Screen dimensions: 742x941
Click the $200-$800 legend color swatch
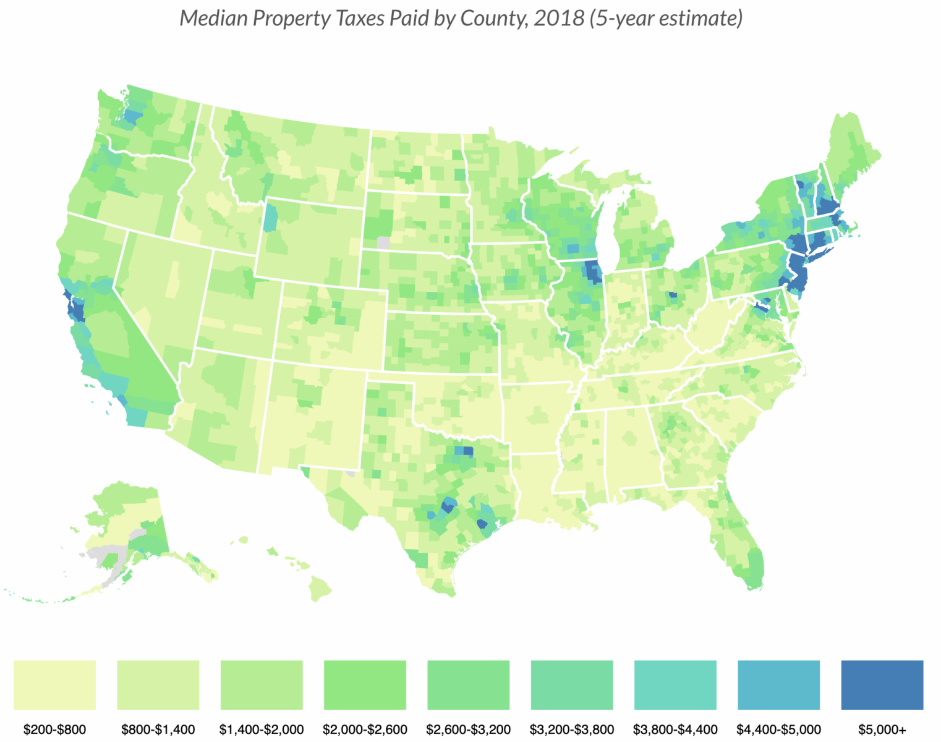click(54, 684)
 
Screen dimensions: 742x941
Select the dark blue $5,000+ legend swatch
click(882, 684)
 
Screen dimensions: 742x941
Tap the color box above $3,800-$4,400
click(675, 684)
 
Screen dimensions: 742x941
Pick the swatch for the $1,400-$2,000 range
click(262, 684)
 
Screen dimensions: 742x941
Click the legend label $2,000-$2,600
click(365, 730)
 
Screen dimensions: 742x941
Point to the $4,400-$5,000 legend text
click(778, 730)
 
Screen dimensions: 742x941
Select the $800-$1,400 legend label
click(158, 730)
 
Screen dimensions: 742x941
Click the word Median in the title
click(213, 19)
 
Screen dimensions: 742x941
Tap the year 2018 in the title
click(560, 19)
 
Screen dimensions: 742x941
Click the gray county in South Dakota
click(383, 242)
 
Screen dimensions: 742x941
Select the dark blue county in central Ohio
click(673, 295)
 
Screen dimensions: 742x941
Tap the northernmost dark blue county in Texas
click(468, 451)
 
